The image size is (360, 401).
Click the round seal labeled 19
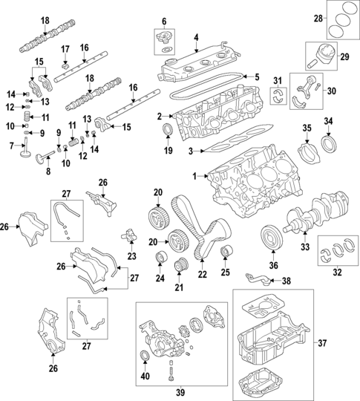(168, 132)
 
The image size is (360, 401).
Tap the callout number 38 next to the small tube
(287, 281)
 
